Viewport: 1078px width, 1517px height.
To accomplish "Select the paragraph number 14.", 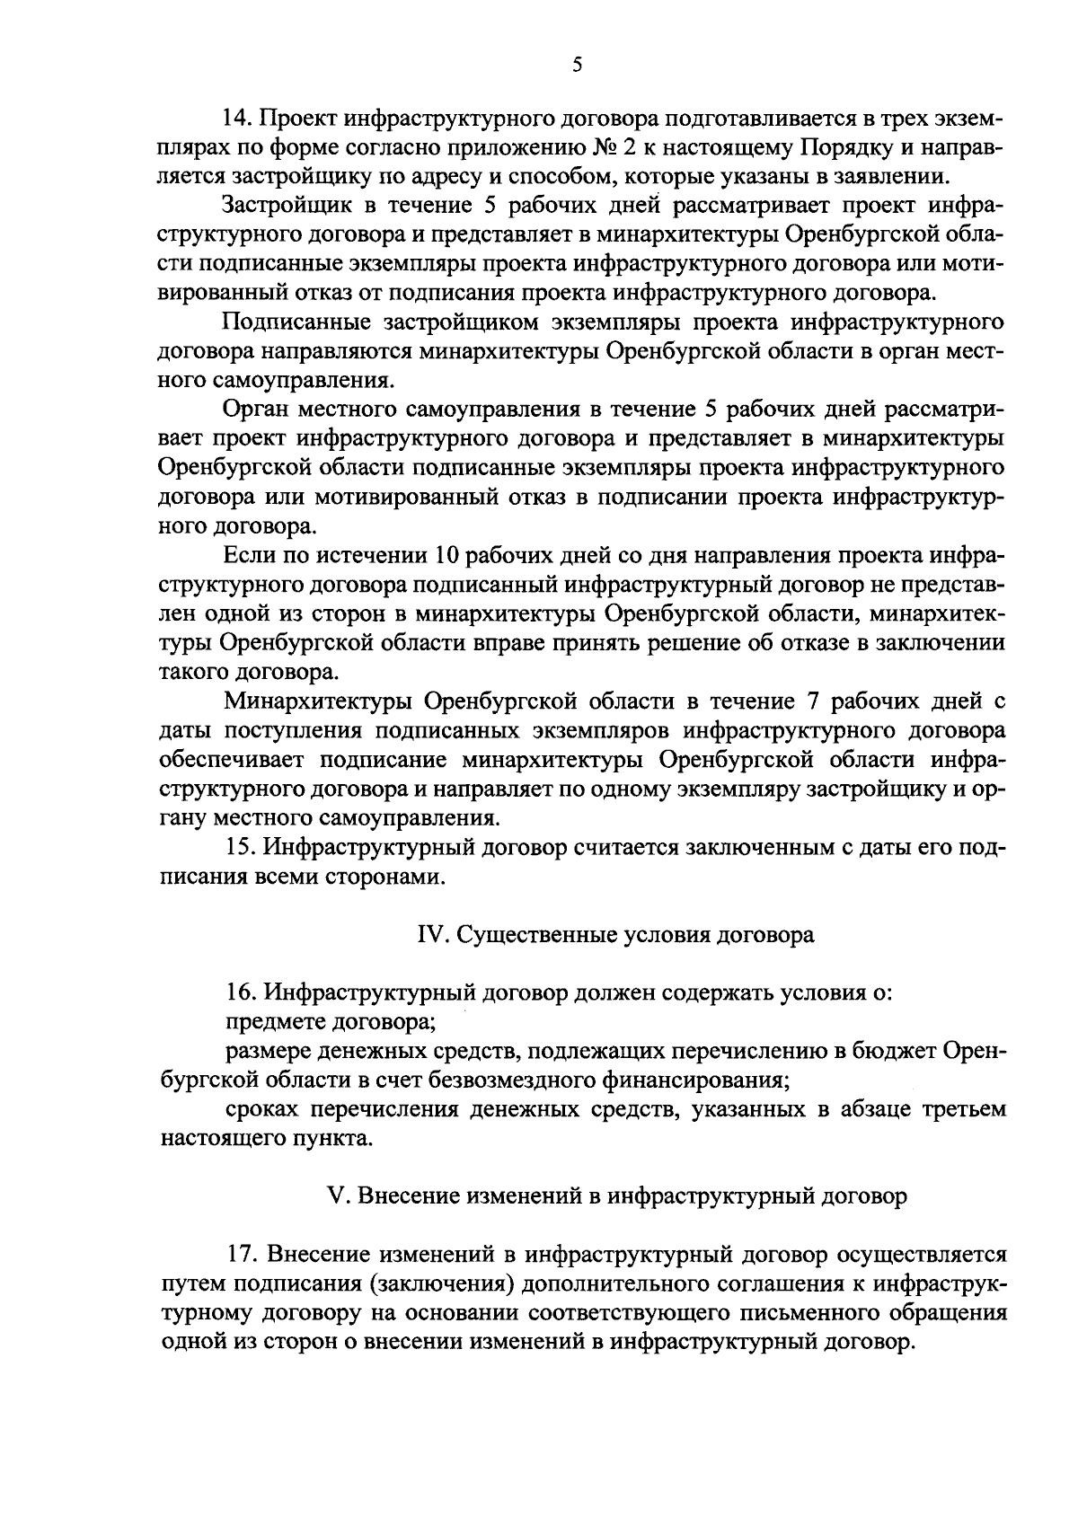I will tap(238, 119).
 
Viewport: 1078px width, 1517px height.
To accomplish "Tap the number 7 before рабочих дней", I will tap(784, 701).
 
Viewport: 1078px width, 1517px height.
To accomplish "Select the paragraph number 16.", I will tap(238, 993).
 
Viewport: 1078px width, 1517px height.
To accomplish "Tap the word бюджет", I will tap(901, 1052).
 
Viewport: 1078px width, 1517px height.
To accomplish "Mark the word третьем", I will tap(963, 1110).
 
